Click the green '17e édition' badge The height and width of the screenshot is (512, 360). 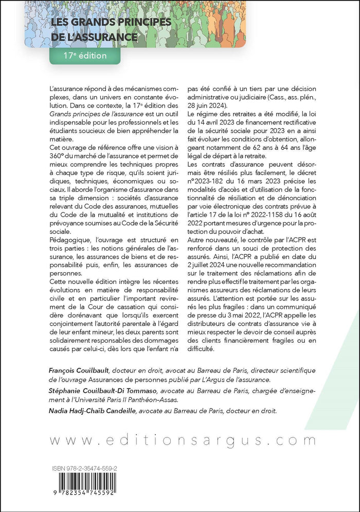click(x=85, y=55)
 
